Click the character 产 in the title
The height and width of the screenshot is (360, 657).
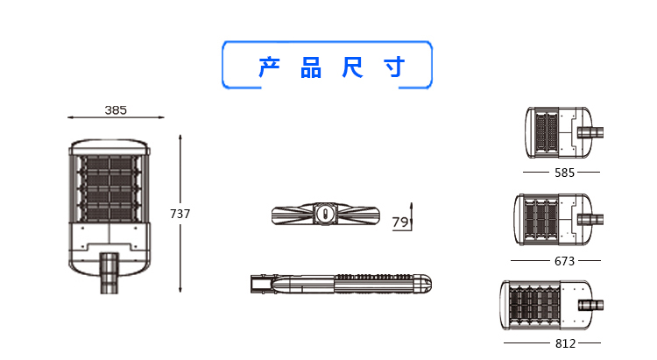tap(269, 67)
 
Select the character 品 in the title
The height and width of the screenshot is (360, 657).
tap(311, 67)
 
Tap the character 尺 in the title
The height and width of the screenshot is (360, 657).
tap(352, 67)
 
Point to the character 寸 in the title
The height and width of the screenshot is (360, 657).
tap(394, 67)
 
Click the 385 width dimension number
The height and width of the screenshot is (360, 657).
tap(116, 110)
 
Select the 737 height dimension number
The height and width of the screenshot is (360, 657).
tap(180, 214)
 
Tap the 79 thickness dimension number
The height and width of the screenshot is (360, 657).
tap(399, 222)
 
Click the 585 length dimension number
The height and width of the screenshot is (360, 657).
tap(564, 173)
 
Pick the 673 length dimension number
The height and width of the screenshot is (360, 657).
tap(564, 261)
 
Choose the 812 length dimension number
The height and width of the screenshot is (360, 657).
tap(565, 343)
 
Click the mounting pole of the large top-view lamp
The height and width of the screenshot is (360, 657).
tap(109, 272)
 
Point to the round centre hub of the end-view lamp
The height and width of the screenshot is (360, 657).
tap(324, 214)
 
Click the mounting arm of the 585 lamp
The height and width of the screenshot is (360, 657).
tap(590, 132)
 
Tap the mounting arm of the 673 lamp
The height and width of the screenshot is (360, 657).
tap(590, 220)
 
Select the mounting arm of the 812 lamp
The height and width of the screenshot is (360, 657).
tap(590, 305)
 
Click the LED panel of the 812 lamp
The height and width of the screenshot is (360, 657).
tap(534, 305)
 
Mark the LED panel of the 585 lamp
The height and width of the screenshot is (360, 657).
tap(547, 132)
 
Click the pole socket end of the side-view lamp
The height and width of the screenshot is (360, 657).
tap(261, 284)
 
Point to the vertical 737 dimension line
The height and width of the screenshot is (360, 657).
tap(180, 214)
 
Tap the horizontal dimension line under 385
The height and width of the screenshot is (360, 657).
tap(116, 117)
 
